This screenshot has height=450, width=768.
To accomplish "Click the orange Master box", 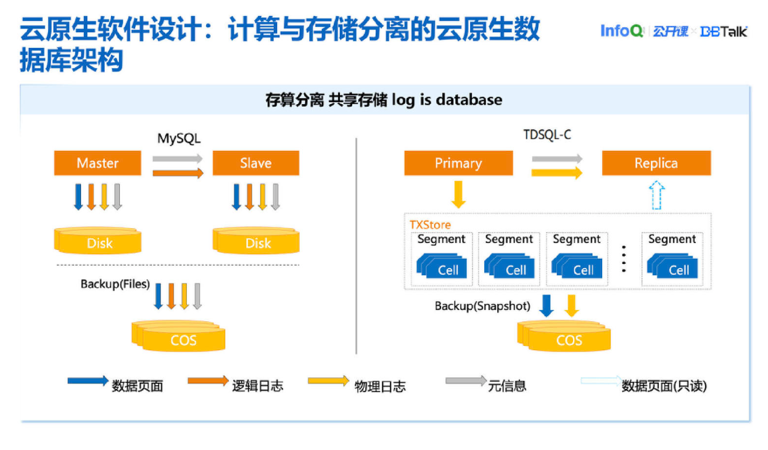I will (97, 163).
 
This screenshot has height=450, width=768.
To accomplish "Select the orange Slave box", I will (255, 163).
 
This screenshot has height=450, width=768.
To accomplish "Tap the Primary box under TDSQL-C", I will (458, 163).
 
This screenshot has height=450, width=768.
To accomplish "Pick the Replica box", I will (656, 163).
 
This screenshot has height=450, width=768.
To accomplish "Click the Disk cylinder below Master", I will (98, 242).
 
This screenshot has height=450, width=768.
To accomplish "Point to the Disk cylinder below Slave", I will (257, 242).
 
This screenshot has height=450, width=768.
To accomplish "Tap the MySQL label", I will (179, 138).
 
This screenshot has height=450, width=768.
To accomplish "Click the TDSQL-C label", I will (547, 134).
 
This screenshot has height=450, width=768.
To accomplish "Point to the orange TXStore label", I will (430, 224).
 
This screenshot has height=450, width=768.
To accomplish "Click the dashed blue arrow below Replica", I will (658, 195).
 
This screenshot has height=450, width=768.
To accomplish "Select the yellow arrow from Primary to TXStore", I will (458, 194).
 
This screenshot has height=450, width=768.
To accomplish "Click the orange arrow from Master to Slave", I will (178, 173).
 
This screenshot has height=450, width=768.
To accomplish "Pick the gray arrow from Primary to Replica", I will (557, 159).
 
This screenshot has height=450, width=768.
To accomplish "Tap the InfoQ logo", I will (622, 31).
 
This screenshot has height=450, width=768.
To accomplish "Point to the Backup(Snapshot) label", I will (482, 306).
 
